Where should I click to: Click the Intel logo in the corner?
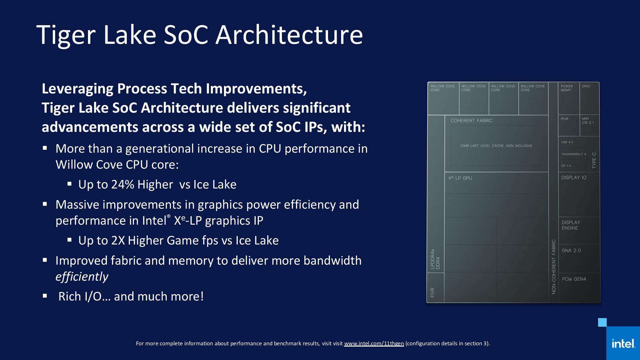[x=623, y=344]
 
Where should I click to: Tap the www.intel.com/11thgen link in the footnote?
[x=374, y=343]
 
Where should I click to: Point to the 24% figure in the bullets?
[x=123, y=185]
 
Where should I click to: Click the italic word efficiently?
[x=82, y=277]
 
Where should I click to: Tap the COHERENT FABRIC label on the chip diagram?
[x=471, y=121]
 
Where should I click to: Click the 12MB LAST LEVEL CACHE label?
[x=496, y=146]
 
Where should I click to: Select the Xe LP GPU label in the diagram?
[x=460, y=178]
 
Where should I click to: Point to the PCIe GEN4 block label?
[x=574, y=279]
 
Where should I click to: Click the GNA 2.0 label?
[x=571, y=251]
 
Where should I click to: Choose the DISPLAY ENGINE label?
[x=571, y=225]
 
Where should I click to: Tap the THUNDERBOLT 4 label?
[x=573, y=154]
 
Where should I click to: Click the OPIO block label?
[x=586, y=86]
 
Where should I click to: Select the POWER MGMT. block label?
[x=567, y=88]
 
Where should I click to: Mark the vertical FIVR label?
[x=432, y=292]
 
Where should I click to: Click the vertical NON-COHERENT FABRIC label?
[x=554, y=267]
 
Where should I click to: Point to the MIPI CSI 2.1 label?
[x=588, y=121]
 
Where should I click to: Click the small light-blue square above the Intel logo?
[x=602, y=322]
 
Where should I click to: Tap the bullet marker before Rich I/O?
[x=45, y=296]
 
